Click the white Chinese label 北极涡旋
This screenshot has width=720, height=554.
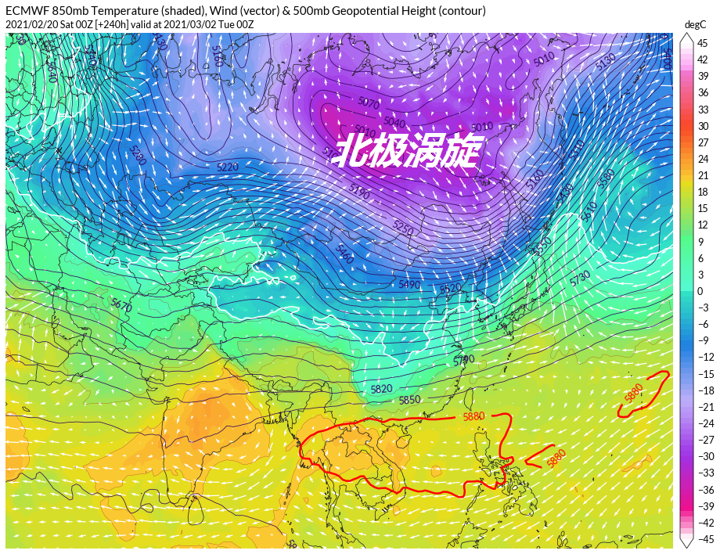pos(405,151)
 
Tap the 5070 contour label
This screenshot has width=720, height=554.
pos(368,103)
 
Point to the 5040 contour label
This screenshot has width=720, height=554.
pos(394,122)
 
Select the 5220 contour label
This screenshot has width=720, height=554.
pos(227,167)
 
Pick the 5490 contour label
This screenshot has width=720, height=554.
pos(409,285)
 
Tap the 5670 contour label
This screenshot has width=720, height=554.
pos(121,304)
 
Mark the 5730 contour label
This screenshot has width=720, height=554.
pos(580,278)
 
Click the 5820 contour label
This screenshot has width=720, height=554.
pos(381,389)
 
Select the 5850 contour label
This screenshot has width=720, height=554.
pos(409,400)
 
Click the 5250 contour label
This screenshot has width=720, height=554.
pos(403,228)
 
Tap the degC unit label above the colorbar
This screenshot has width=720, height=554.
pos(696,24)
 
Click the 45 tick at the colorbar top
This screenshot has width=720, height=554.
pos(702,43)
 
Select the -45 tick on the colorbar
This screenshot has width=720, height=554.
pos(702,539)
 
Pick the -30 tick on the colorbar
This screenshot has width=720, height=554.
pos(702,456)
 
